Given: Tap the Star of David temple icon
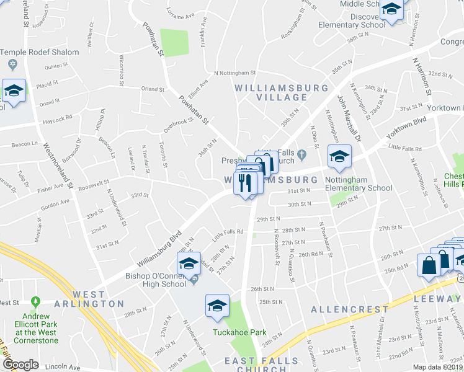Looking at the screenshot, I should coord(12,64).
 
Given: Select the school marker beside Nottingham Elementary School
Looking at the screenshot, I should coord(339,157).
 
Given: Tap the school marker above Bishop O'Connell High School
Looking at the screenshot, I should coord(189,263).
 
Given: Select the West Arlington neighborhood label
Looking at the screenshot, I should coord(98,298).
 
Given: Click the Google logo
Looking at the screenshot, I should coord(20,365).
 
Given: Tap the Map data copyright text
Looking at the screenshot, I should coord(438,367).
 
